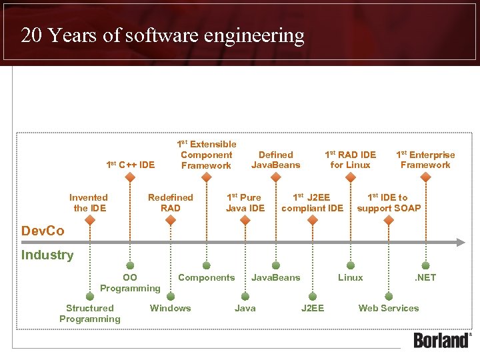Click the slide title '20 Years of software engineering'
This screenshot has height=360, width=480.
pos(163,35)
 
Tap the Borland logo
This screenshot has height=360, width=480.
pos(442,339)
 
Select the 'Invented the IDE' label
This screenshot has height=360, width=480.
pos(89,203)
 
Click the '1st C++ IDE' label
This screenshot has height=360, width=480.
pos(131,165)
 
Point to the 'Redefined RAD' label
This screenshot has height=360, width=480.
pos(170,203)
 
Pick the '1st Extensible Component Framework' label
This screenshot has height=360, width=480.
pos(206,155)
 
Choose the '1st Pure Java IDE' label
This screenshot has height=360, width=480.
pos(245,203)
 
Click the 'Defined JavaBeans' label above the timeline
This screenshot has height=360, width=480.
pos(275,160)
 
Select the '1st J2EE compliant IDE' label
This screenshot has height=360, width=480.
pos(312,203)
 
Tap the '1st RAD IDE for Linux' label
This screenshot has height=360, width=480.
pos(350,160)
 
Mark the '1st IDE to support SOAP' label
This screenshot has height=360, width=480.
pos(389,203)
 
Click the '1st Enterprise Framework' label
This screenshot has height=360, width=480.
pos(425,160)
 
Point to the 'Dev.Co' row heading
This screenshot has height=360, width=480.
pos(43,231)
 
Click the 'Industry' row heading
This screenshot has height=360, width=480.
pos(47,255)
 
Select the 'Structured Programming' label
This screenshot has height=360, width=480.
pos(90,313)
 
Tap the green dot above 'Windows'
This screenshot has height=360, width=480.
pos(171,295)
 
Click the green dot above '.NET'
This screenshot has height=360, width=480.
pos(425,265)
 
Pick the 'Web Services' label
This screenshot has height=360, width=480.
pos(389,308)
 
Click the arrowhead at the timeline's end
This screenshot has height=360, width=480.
pos(461,243)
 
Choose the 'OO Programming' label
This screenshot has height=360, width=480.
pos(130,283)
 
